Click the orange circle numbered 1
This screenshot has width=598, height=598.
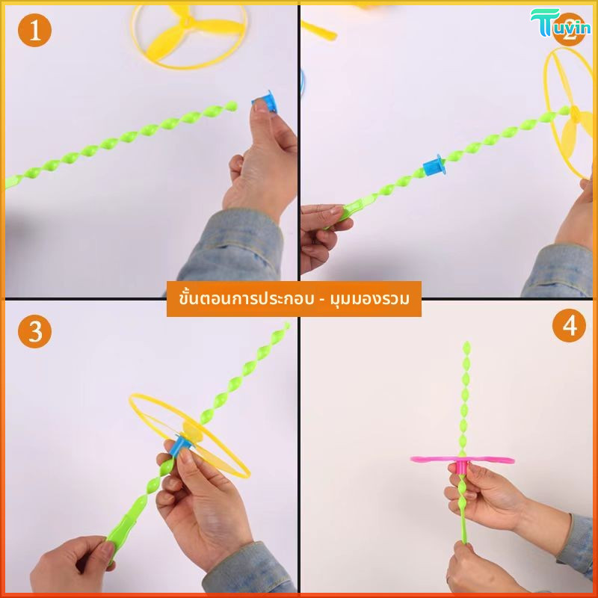pos(34,30)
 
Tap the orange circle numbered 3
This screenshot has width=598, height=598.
pos(34,331)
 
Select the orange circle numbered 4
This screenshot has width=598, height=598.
pos(569,325)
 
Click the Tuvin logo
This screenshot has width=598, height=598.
pos(560,23)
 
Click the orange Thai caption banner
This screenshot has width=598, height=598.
pos(294,298)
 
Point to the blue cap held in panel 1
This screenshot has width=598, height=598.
pos(265,101)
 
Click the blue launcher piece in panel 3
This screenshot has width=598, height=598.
pos(180,446)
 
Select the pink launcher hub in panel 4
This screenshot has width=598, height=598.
pos(462,466)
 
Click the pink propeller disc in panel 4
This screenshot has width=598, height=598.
pos(462,459)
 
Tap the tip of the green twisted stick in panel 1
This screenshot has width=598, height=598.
pos(232,105)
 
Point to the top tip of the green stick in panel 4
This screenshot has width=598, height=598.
pos(466,343)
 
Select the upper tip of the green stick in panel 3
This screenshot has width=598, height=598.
pos(286,325)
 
